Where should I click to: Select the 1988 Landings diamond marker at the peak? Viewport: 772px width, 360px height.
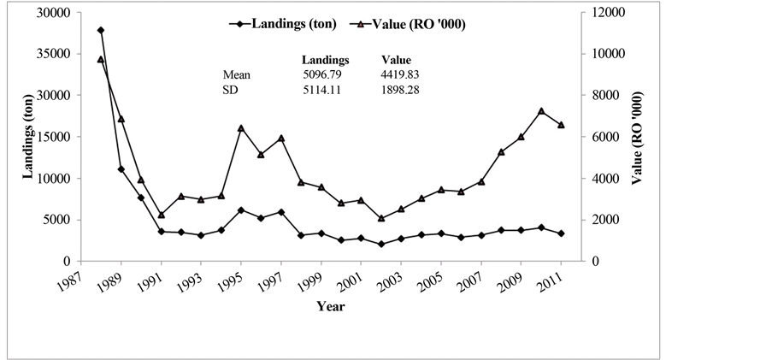[x=101, y=31]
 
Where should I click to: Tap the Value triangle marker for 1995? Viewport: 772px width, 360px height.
[x=241, y=128]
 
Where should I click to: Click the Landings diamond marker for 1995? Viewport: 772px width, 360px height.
[x=241, y=210]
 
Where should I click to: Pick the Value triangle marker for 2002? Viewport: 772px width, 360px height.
[x=381, y=218]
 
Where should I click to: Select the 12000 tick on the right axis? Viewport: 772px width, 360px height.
[x=604, y=13]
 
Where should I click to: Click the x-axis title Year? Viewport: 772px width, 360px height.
[x=330, y=306]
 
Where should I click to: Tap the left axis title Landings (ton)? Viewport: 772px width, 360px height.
[x=27, y=137]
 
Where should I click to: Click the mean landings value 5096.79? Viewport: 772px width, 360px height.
[x=322, y=75]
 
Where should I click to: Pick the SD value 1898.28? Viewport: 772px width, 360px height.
[x=399, y=91]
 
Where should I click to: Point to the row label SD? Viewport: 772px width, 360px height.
[x=230, y=91]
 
